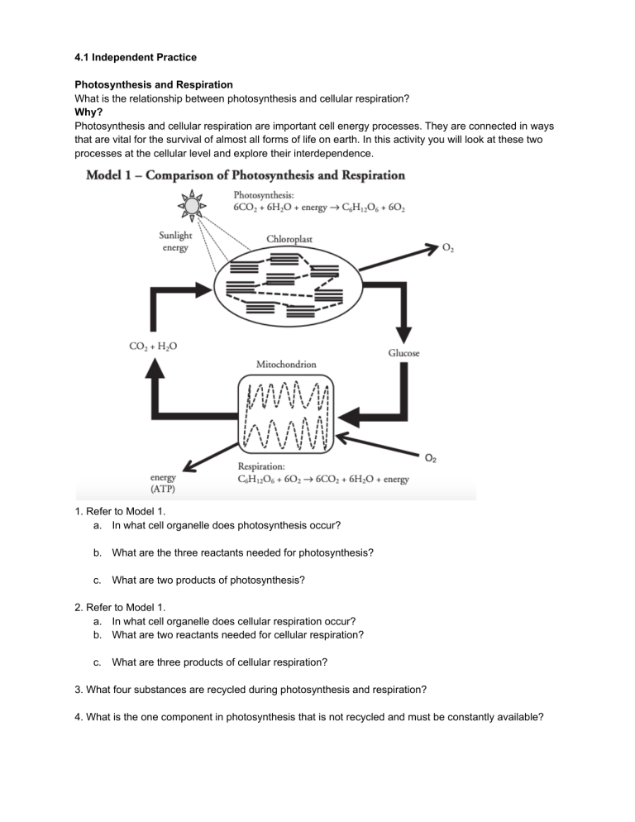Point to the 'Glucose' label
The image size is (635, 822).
[x=403, y=353]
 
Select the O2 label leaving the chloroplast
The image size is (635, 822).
[x=447, y=247]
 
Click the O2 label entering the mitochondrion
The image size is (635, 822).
[x=431, y=457]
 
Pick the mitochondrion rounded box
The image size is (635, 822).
[x=285, y=421]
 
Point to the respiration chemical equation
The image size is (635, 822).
[x=322, y=480]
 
